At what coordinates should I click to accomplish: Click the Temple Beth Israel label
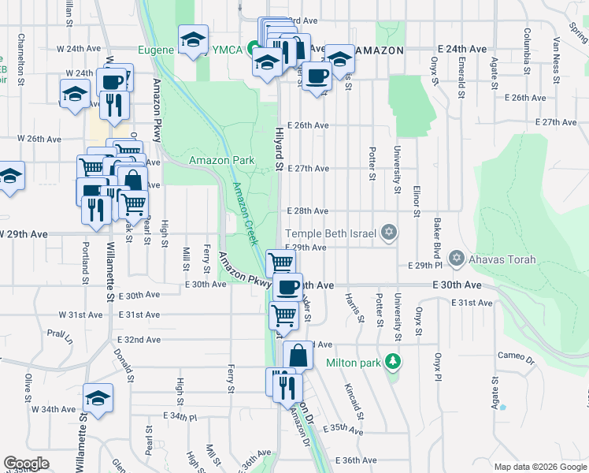pyautogui.click(x=332, y=233)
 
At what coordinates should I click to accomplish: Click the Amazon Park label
pyautogui.click(x=222, y=160)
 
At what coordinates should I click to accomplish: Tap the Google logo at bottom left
pyautogui.click(x=26, y=464)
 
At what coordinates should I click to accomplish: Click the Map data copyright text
pyautogui.click(x=539, y=467)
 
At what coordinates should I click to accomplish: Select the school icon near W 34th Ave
pyautogui.click(x=98, y=397)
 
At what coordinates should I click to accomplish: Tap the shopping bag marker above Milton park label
pyautogui.click(x=299, y=356)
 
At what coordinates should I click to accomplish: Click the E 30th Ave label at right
pyautogui.click(x=456, y=285)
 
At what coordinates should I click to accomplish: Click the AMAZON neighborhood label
pyautogui.click(x=379, y=50)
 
